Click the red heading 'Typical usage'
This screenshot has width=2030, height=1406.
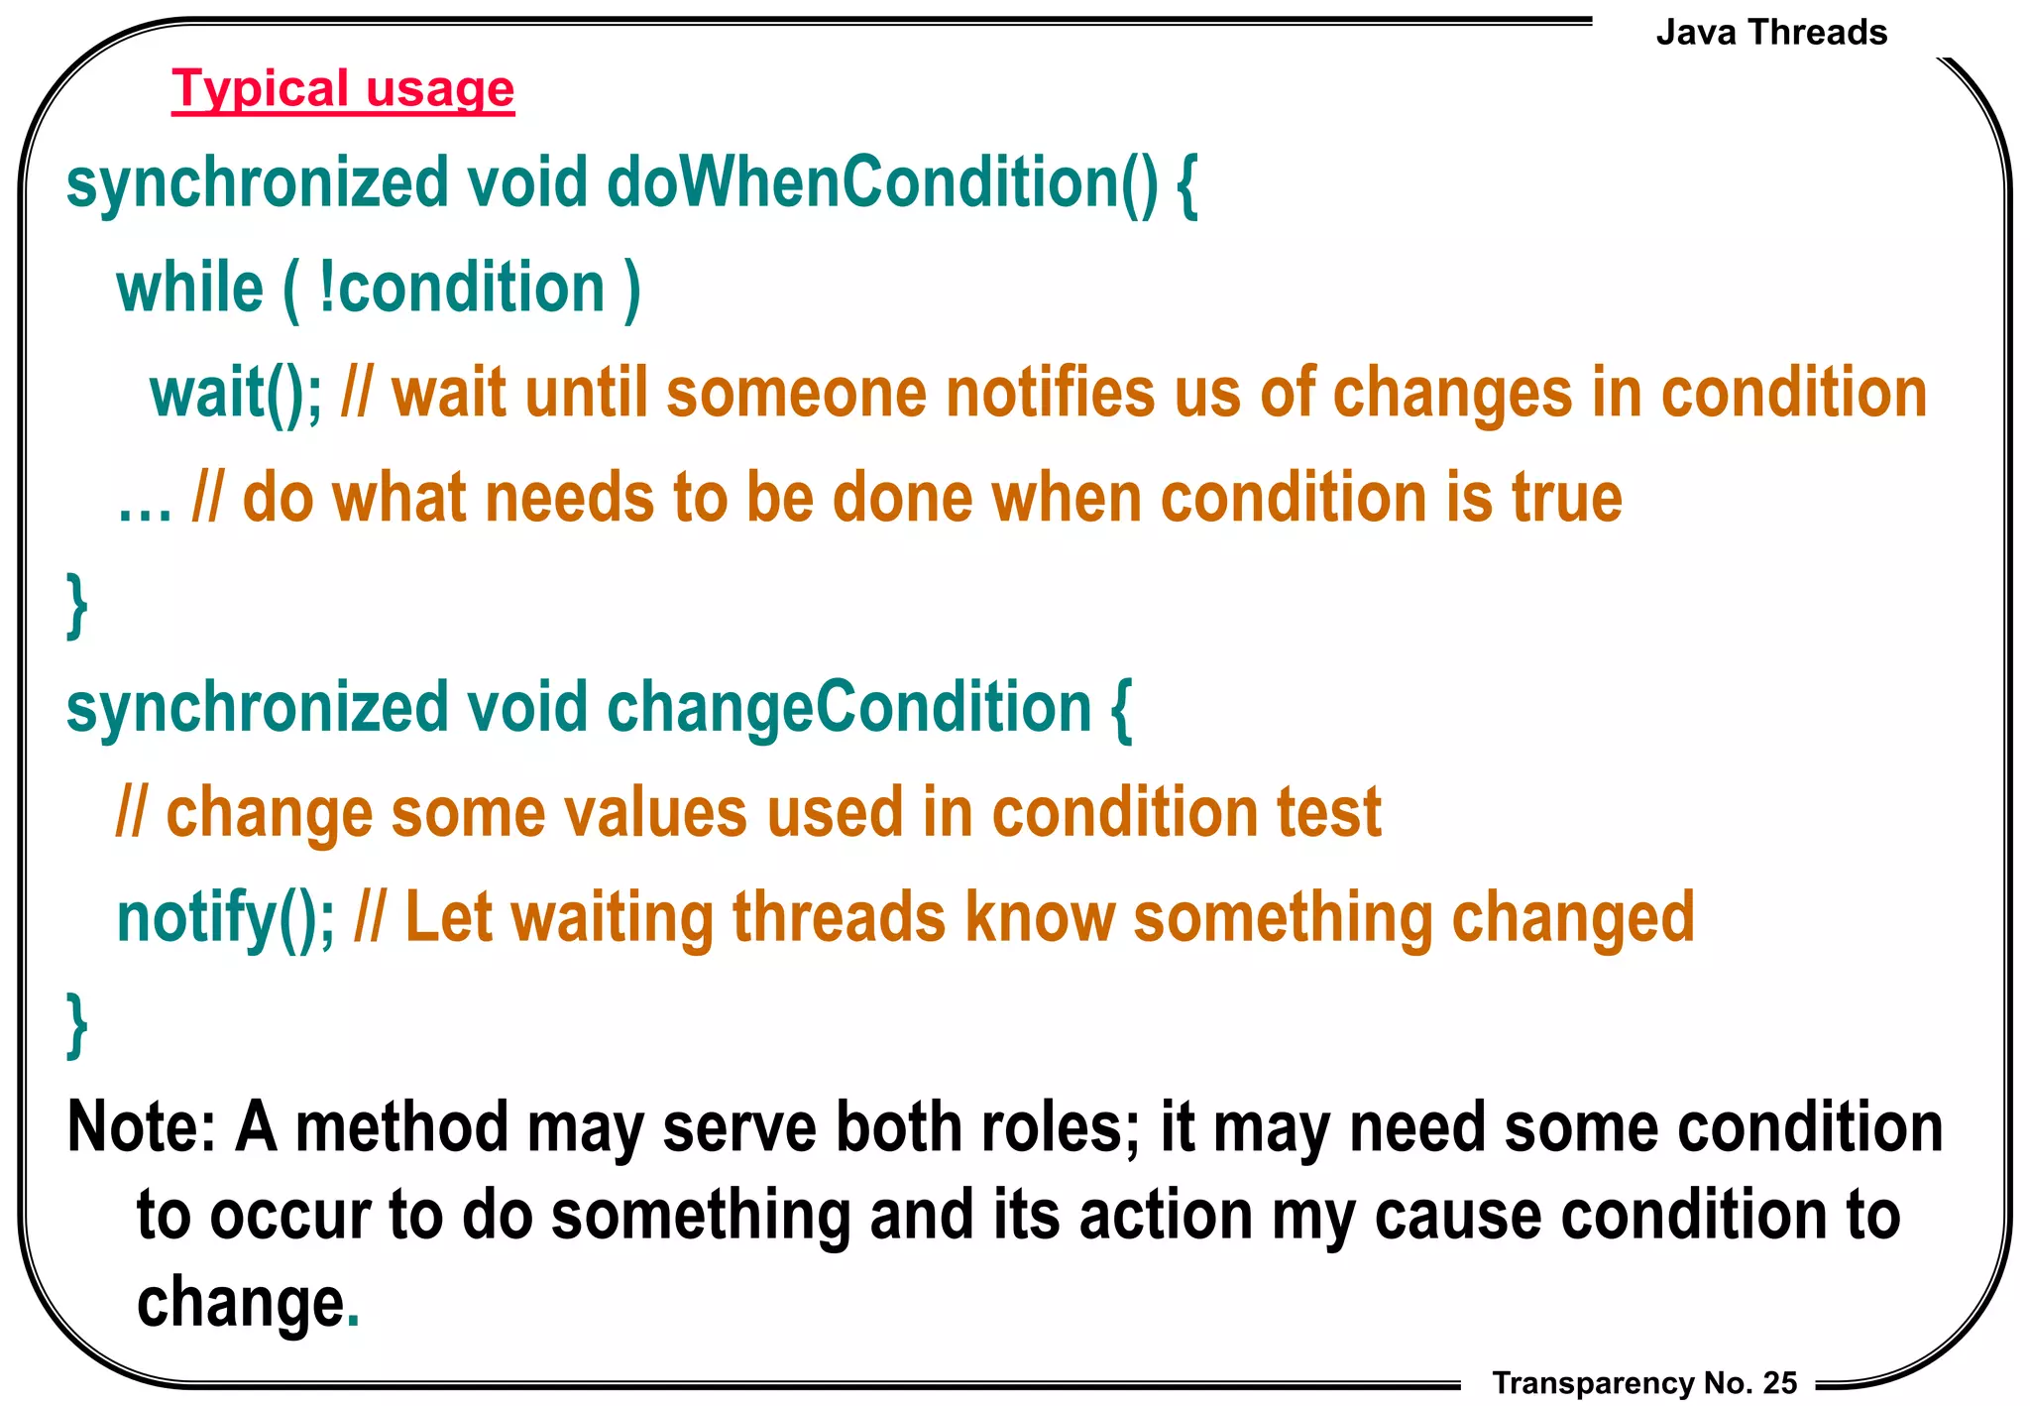tap(343, 89)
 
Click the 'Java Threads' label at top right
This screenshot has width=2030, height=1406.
tap(1770, 33)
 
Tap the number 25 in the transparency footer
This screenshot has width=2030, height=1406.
tap(1780, 1382)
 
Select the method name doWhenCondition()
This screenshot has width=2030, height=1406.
tap(881, 183)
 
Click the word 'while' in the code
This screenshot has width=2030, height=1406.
tap(189, 289)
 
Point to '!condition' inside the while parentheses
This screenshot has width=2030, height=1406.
tap(462, 289)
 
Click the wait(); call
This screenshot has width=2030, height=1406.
tap(236, 394)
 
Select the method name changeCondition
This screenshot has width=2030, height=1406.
tap(848, 708)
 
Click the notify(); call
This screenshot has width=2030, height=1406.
tap(226, 918)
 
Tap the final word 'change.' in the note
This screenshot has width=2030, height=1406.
tap(247, 1303)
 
